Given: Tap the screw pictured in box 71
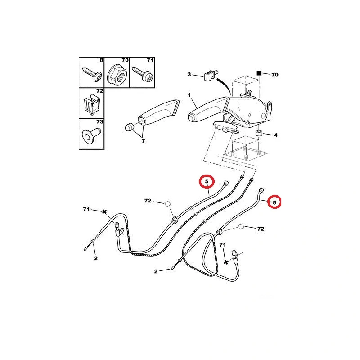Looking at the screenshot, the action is click(x=142, y=74).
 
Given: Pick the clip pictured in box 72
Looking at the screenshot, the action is click(x=92, y=104).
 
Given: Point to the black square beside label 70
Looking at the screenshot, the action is click(x=259, y=73).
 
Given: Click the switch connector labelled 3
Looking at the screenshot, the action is click(x=211, y=75).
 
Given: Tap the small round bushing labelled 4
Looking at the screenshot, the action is click(x=259, y=133).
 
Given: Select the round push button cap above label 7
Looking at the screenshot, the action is click(x=130, y=127).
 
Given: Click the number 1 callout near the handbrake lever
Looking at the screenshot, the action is click(x=189, y=95).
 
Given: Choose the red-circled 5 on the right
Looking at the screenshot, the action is click(x=274, y=202).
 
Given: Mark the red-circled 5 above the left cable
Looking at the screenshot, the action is click(x=207, y=181).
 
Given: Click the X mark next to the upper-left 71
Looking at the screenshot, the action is click(x=104, y=211).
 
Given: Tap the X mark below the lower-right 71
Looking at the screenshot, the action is click(x=226, y=262).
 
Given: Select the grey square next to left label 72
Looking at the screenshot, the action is click(x=167, y=204).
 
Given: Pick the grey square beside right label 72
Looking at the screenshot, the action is click(x=241, y=227).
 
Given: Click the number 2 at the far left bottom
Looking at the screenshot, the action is click(x=96, y=258).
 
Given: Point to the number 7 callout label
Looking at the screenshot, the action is click(x=143, y=141).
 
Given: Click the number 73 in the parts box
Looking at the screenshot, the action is click(x=99, y=121).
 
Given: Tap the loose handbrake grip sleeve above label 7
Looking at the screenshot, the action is click(x=159, y=112).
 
